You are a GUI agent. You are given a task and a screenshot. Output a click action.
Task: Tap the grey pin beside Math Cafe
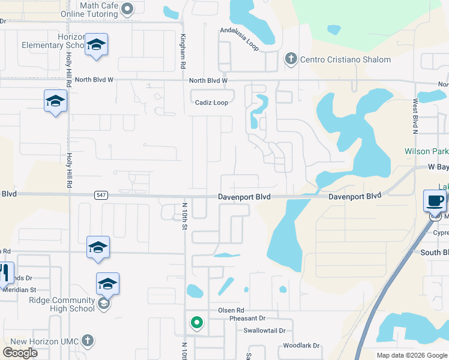coord(127,9)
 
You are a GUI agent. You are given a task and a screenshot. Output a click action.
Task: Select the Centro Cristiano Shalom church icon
coord(291,59)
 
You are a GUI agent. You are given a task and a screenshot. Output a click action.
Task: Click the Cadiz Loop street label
coord(211,103)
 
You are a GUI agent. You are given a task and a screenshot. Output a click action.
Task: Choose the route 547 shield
coord(101,196)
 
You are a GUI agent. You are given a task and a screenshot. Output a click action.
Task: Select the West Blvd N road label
coord(415,116)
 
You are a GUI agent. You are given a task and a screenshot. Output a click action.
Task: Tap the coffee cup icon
coord(435,200)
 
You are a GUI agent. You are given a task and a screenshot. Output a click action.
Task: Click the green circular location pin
coord(196,323)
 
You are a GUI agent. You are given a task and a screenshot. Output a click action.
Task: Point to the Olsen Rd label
coord(231,310)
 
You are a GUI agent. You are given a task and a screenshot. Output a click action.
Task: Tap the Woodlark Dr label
coord(301,346)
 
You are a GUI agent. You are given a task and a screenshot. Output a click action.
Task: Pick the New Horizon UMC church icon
coord(87,341)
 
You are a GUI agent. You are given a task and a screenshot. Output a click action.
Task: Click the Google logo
coord(20,352)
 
